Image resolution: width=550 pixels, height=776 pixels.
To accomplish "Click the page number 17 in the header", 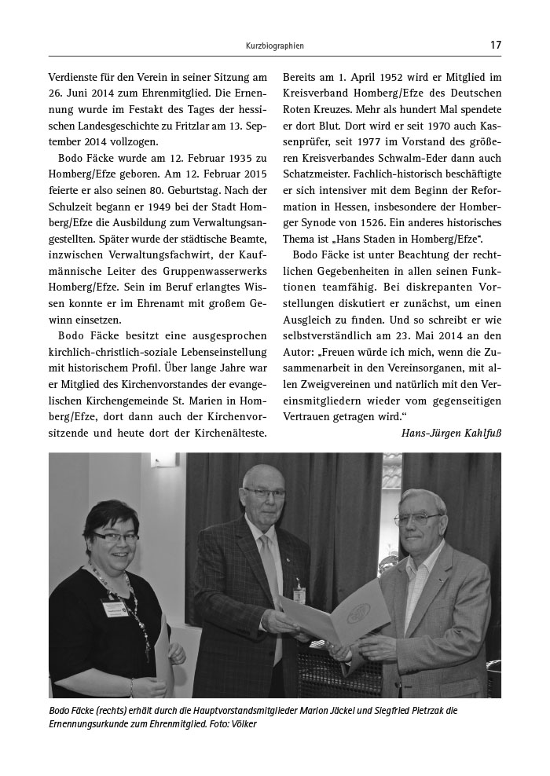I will coord(495,45).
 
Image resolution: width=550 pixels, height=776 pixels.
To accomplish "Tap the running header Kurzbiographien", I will coord(274,46).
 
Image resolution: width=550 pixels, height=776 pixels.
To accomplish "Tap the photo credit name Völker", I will coord(240,723).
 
